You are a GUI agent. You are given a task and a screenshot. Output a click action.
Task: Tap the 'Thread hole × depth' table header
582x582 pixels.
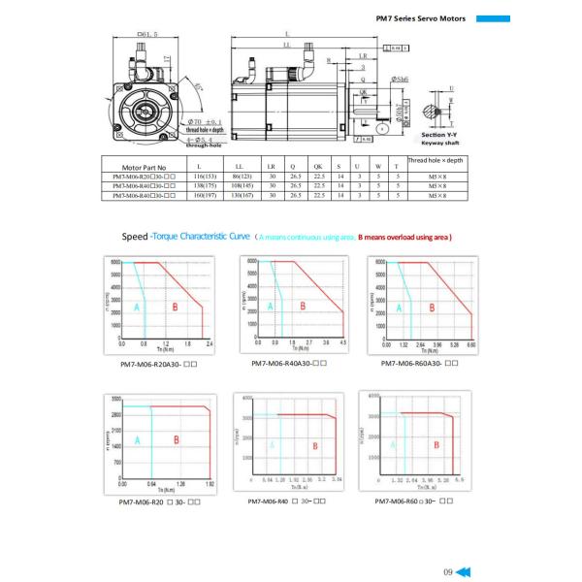tap(437, 159)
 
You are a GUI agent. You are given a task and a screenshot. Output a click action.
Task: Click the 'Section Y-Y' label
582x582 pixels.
tap(441, 134)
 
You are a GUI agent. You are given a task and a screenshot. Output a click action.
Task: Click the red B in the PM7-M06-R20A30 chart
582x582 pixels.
tap(174, 306)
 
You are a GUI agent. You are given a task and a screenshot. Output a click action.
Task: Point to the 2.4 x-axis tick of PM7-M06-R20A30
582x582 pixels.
tap(210, 344)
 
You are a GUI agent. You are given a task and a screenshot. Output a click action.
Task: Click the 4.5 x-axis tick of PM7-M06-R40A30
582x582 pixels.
tap(341, 343)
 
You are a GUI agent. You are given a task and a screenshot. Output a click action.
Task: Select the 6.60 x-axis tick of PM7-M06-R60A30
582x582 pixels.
tap(472, 344)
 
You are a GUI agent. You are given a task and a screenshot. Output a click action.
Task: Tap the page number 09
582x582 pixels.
tap(447, 570)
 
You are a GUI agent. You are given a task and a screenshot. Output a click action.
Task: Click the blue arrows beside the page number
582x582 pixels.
tap(464, 570)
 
